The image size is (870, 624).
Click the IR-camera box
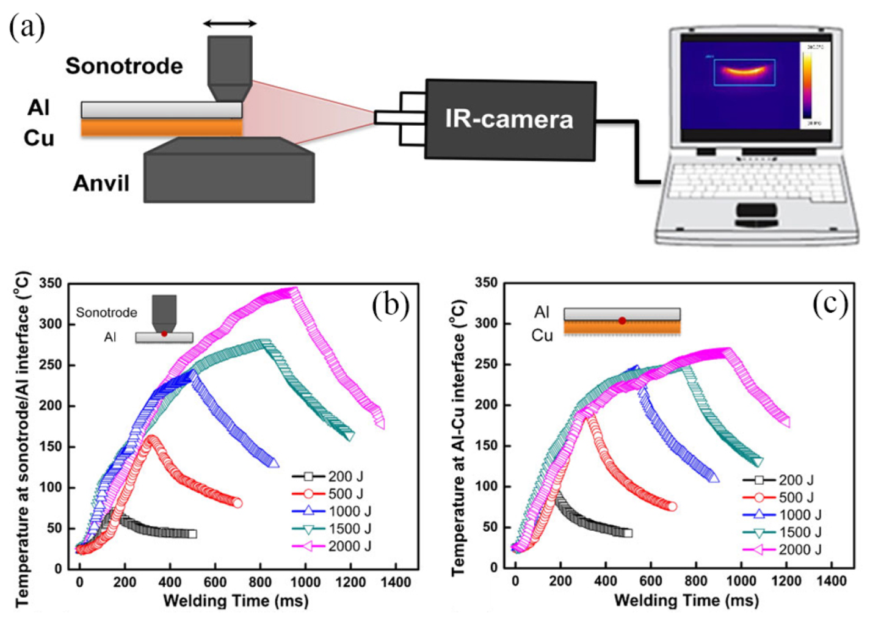509,120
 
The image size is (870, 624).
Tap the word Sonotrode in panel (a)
124,66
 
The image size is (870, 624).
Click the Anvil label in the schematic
101,183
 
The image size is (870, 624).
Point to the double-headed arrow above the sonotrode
230,23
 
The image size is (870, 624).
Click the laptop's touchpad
756,211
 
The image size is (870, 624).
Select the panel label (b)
391,303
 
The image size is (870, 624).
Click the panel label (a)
27,27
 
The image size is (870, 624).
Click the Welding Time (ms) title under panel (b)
236,601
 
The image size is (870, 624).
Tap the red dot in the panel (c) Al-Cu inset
622,321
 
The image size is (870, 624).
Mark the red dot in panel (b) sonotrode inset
164,333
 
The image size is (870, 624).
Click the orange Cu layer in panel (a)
162,128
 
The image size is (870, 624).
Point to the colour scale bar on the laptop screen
807,85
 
